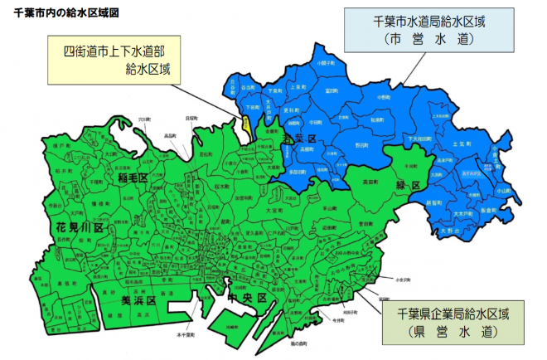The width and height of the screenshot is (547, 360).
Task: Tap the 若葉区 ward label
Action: pos(296,138)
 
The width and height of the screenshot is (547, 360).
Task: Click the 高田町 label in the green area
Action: pos(371,180)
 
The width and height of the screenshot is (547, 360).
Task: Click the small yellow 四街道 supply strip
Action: pos(247,127)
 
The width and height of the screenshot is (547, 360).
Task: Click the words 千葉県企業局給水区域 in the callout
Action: pos(452,315)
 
